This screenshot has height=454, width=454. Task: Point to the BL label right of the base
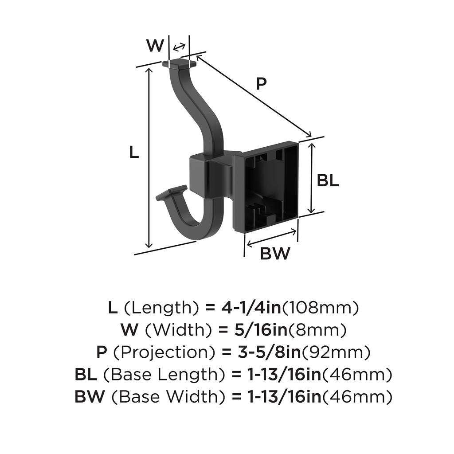pos(328,180)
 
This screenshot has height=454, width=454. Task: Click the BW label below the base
pos(275,254)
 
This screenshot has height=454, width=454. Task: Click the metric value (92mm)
pos(336,352)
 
